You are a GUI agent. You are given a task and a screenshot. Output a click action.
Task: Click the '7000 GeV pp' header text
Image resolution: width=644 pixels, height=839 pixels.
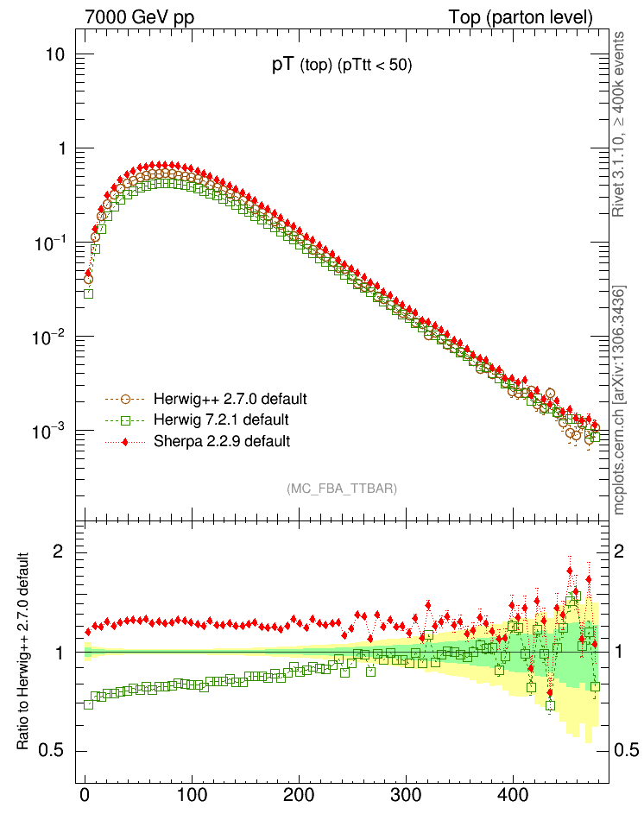pyautogui.click(x=140, y=18)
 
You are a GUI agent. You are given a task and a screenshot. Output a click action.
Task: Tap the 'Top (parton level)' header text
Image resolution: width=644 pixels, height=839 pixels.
pyautogui.click(x=521, y=18)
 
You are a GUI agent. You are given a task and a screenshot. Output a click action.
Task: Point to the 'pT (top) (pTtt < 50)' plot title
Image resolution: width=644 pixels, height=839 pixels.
pyautogui.click(x=341, y=68)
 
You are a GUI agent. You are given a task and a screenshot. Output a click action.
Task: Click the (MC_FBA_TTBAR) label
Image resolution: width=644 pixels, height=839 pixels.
pyautogui.click(x=342, y=489)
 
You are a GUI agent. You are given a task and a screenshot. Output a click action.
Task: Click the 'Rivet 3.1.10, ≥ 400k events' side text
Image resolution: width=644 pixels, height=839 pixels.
pyautogui.click(x=618, y=123)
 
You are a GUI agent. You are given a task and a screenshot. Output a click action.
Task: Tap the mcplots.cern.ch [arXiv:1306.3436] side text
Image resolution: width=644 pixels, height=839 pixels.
pyautogui.click(x=618, y=399)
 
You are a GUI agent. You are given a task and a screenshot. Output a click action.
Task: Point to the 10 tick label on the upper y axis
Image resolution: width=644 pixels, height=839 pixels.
pyautogui.click(x=56, y=55)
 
